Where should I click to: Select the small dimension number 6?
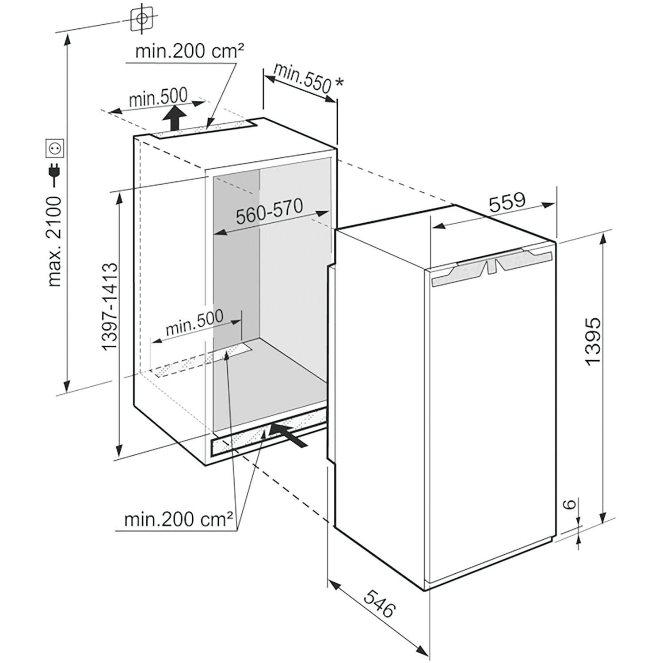point(570,503)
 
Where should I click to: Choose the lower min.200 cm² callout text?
point(179,519)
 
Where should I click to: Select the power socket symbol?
point(56,148)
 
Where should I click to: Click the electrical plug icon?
point(56,173)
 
